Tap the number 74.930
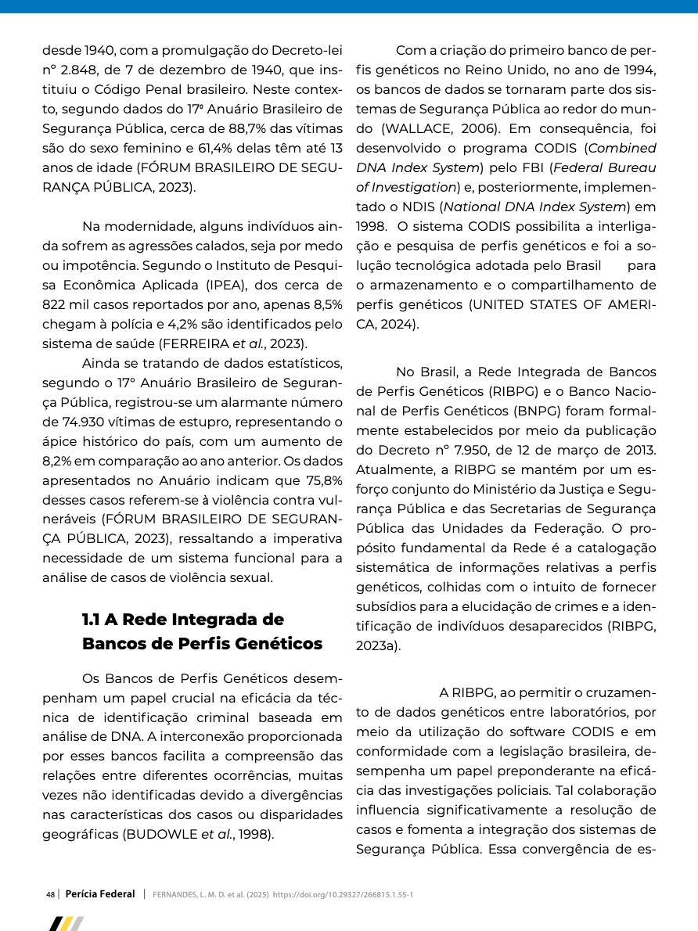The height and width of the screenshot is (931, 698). [x=78, y=422]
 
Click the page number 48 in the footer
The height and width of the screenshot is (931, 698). [x=50, y=894]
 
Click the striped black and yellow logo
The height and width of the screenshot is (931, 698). [x=66, y=924]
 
